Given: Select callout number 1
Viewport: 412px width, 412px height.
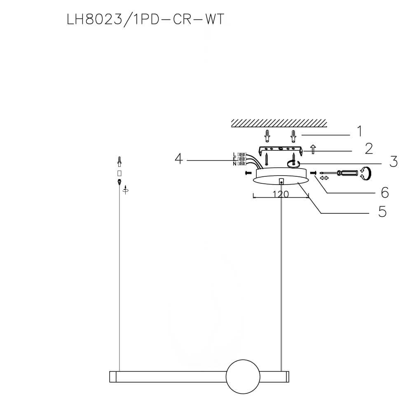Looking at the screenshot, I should click(359, 131).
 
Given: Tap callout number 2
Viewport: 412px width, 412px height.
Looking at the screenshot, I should click(369, 148).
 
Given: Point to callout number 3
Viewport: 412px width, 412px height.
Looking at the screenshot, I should click(393, 162).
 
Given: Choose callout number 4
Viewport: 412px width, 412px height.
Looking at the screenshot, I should click(178, 159).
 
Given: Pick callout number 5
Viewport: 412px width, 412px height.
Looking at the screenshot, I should click(382, 212).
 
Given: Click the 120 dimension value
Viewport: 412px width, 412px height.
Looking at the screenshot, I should click(281, 194).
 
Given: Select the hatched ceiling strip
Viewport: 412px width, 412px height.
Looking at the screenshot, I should click(279, 123).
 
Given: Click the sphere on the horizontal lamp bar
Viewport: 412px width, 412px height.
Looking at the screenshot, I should click(243, 376).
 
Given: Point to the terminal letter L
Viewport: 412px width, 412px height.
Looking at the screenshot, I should click(234, 154).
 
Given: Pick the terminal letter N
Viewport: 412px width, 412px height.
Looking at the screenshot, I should click(234, 164).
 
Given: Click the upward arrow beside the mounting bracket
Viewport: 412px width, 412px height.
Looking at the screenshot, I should click(313, 149).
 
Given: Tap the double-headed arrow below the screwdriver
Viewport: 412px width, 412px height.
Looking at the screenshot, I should click(324, 178).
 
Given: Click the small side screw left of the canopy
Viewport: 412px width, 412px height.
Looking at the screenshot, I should click(248, 173).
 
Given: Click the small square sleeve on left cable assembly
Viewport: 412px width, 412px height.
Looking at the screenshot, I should click(119, 172).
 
